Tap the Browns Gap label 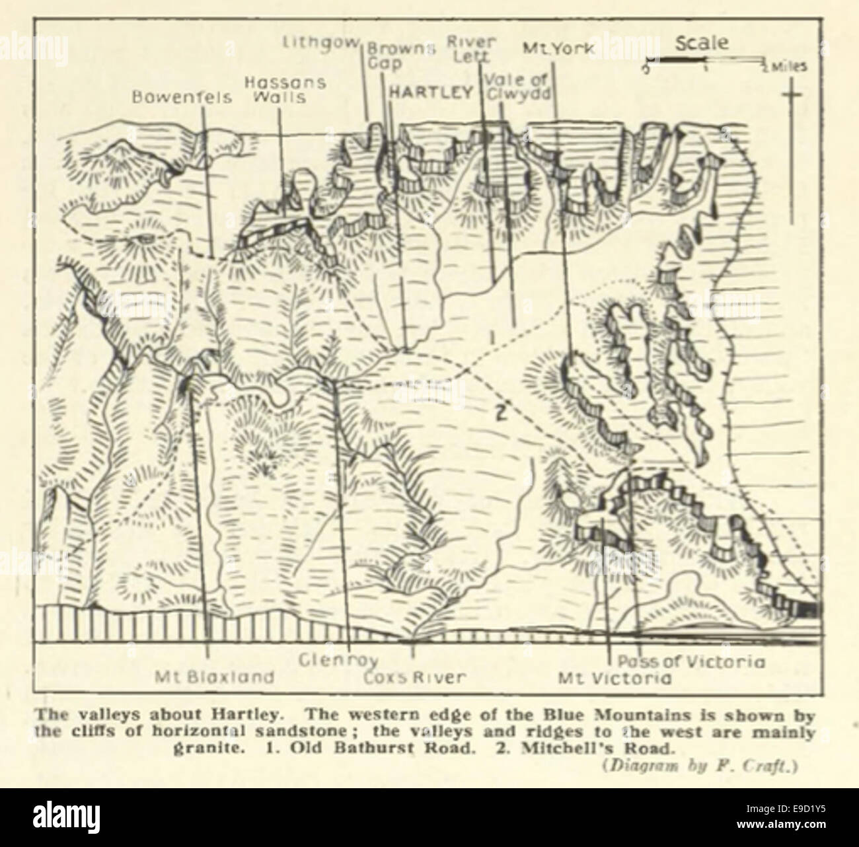(x=400, y=55)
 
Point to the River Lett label (x=467, y=50)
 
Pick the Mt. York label (x=558, y=48)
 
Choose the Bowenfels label (x=182, y=97)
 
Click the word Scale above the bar (x=702, y=44)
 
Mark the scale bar (x=705, y=61)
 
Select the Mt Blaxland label (x=214, y=677)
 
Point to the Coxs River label (x=415, y=677)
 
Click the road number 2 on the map (x=500, y=414)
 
